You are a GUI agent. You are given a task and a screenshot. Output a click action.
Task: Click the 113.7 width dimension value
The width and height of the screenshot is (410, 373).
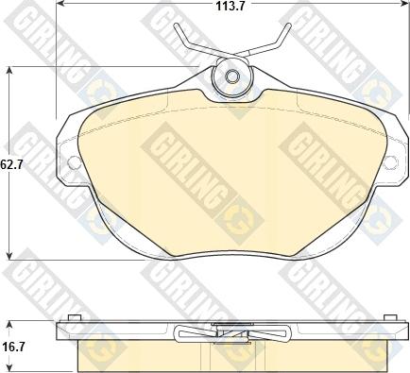[x=231, y=6]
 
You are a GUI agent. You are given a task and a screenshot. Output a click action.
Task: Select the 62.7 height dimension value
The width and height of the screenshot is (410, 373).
[x=12, y=164]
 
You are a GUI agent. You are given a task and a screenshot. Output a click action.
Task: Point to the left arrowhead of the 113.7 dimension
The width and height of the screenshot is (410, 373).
[x=59, y=4]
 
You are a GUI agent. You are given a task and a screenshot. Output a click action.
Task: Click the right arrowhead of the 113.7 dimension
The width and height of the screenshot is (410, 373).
[x=404, y=4]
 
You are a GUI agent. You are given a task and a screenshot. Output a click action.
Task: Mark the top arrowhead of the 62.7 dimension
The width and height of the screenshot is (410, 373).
[x=10, y=70]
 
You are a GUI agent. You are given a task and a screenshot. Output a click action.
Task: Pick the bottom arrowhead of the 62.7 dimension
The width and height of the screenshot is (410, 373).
[x=10, y=256]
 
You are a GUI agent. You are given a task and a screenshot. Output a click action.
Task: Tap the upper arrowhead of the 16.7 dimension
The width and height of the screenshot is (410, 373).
[x=10, y=325]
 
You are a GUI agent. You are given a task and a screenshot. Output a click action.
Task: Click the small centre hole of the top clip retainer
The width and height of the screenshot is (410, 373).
[x=232, y=76]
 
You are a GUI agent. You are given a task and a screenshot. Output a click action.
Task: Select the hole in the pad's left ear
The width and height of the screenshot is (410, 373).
[x=74, y=162]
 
